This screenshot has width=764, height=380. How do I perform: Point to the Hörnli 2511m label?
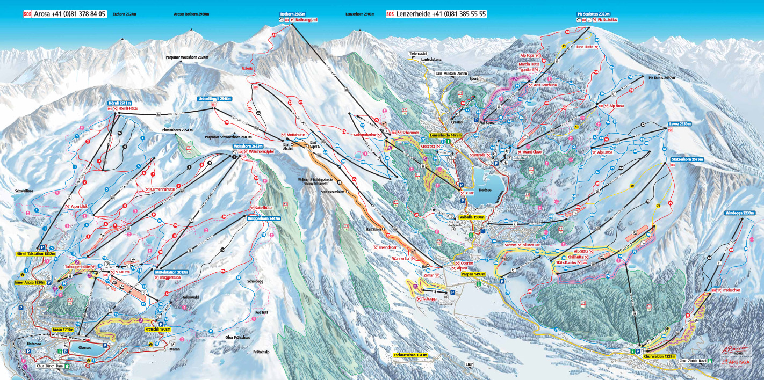[119, 103]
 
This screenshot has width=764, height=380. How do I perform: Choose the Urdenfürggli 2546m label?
[213, 99]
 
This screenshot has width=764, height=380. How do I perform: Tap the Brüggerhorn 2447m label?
[263, 218]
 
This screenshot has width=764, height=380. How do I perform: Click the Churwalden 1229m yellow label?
[659, 356]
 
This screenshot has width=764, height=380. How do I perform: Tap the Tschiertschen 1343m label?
[410, 355]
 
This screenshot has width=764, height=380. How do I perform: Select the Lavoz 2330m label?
[680, 123]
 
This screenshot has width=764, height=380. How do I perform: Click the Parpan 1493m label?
[473, 274]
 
